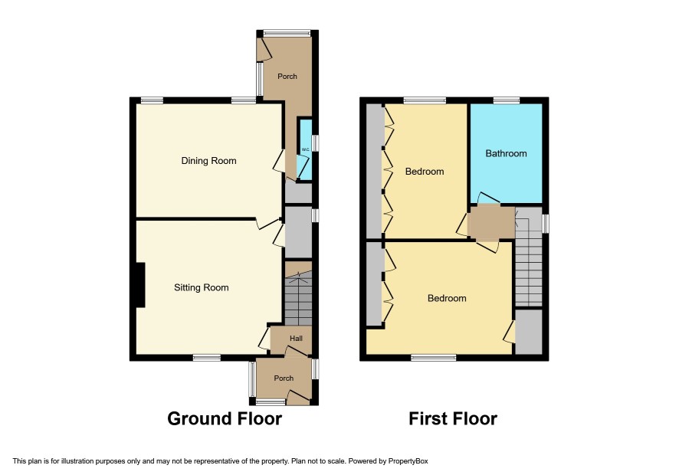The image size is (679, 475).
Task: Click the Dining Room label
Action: [x=208, y=161]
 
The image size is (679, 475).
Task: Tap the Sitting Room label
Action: [x=202, y=287]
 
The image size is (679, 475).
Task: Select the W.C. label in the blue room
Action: [x=305, y=150]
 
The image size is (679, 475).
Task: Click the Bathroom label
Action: [x=506, y=153]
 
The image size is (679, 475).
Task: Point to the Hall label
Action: [x=296, y=338]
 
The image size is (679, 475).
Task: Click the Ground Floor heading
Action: [x=225, y=419]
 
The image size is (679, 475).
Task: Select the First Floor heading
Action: [x=453, y=419]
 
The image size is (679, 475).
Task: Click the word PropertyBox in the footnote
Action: [x=408, y=461]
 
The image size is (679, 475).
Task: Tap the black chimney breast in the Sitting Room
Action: [x=140, y=285]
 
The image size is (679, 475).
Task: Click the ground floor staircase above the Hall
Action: [x=298, y=298]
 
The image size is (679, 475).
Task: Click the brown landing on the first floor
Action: [x=492, y=222]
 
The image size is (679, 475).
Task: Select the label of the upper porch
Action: [x=287, y=76]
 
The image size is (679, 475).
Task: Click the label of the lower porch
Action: [x=284, y=378]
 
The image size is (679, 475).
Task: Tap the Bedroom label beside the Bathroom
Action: [x=425, y=172]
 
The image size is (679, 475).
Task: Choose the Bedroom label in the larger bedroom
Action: [x=447, y=298]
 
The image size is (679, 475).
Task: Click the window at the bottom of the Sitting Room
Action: [x=207, y=358]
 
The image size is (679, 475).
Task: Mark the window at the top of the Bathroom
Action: [x=507, y=100]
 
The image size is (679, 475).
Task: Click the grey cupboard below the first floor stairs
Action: [x=529, y=332]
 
